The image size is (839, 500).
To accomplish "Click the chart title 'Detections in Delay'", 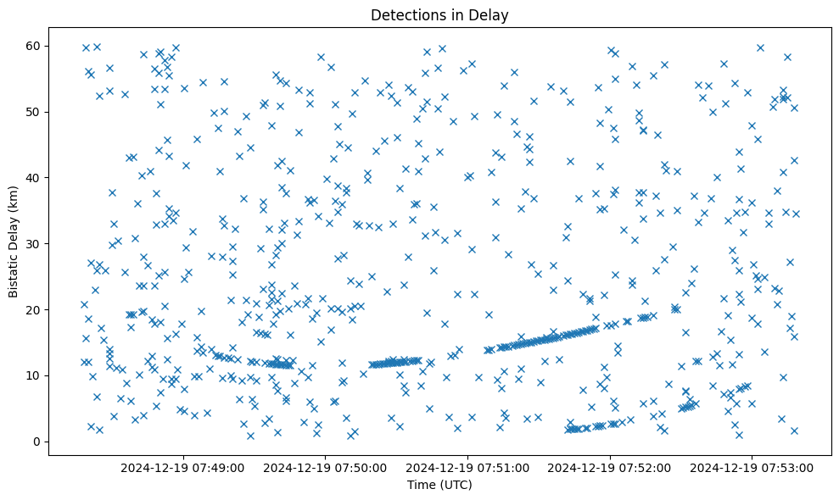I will click(x=439, y=14).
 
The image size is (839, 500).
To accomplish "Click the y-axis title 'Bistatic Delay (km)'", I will click(x=14, y=243).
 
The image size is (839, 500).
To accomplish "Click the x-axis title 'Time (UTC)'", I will click(x=439, y=485).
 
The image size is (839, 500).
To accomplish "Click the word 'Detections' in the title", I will click(x=406, y=14).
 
